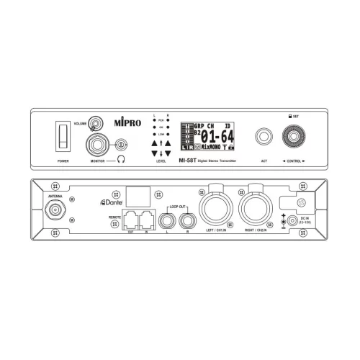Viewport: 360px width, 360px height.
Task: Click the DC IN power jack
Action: click(x=290, y=220)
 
